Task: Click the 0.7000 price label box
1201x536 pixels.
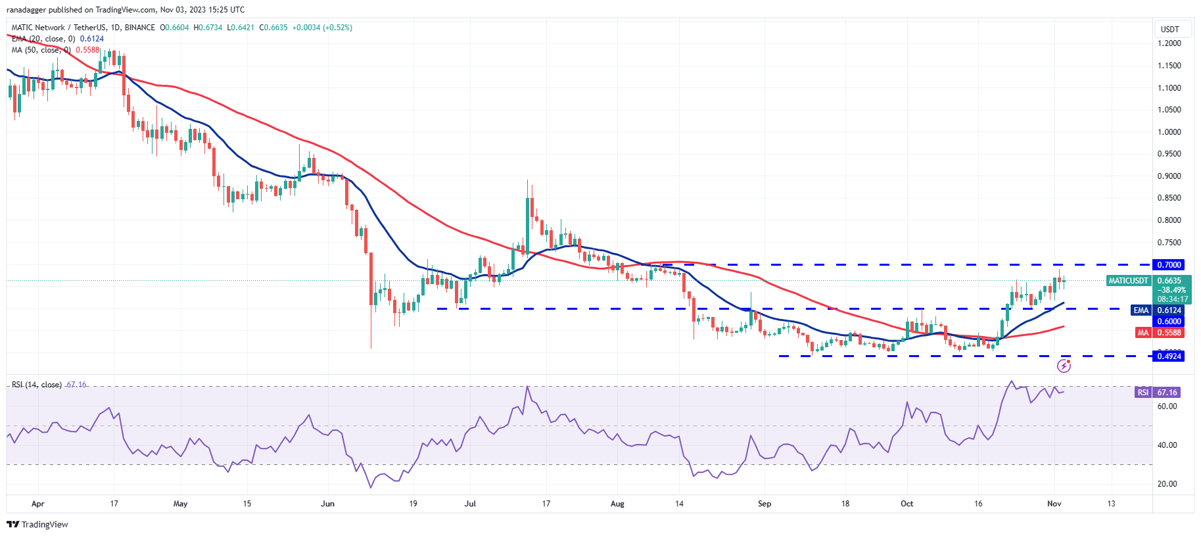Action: click(1169, 265)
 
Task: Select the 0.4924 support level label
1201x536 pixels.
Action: click(1169, 356)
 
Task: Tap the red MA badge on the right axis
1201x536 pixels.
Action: click(1143, 333)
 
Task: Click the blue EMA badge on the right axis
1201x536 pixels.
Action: click(1141, 310)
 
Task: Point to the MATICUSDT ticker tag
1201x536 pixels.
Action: click(1128, 281)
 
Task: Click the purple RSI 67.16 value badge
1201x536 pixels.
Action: click(1167, 393)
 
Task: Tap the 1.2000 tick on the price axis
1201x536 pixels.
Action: click(1169, 43)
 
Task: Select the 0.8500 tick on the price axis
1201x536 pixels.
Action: click(1169, 198)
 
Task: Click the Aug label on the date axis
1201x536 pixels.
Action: click(617, 504)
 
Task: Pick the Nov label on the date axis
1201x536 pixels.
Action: click(1054, 504)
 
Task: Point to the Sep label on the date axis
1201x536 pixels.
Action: click(765, 504)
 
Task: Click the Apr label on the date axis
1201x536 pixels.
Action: click(38, 504)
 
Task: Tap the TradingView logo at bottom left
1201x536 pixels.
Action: click(37, 524)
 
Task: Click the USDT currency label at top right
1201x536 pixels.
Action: click(1170, 30)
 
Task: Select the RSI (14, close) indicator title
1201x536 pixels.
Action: click(37, 385)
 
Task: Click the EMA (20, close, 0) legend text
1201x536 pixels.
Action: click(43, 39)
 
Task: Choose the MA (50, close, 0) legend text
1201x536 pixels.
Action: click(41, 50)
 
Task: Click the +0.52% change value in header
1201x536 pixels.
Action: click(337, 28)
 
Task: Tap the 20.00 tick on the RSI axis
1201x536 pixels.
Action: click(1167, 484)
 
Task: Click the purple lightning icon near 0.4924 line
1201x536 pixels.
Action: click(1064, 366)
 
